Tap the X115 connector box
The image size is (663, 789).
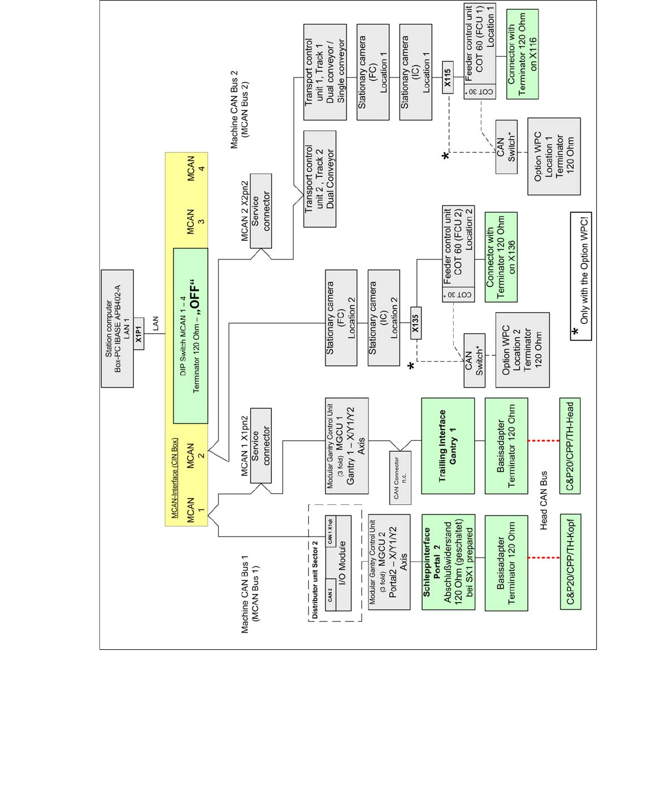coord(447,78)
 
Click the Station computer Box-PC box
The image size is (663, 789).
coord(118,328)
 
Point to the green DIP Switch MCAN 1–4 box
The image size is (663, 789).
coord(191,335)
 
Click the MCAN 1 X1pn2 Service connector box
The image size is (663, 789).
coord(261,445)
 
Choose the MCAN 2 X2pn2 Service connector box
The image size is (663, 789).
coord(261,211)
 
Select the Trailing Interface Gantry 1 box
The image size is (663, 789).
coord(448,446)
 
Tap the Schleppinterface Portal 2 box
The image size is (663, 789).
coord(448,562)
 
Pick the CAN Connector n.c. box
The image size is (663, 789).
coord(400,477)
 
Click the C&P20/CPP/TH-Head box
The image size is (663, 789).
coord(570,446)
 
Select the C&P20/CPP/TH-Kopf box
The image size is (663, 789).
coord(570,562)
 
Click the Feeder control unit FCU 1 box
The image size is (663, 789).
coord(480,51)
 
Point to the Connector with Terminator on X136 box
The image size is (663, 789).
coord(501,257)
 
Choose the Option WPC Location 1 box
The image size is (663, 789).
coord(554,156)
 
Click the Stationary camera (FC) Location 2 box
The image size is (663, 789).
coord(341,318)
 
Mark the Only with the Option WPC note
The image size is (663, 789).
coord(581,276)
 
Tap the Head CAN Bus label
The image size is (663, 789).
coord(544,500)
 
